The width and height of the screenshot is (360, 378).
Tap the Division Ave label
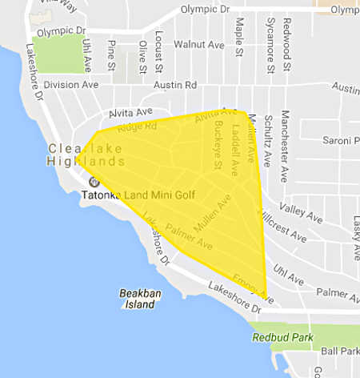70,84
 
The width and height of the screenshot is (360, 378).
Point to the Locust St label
160,47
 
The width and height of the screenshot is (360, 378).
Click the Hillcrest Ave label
282,226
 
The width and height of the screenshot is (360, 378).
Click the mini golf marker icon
93,181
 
